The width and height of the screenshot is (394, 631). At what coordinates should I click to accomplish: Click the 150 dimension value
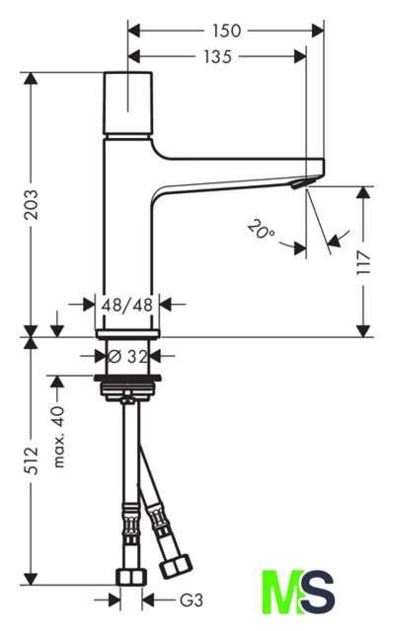[x=227, y=31]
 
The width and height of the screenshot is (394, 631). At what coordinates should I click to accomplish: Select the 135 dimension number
[x=217, y=57]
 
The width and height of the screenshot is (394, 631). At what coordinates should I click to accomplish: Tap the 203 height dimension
[x=31, y=204]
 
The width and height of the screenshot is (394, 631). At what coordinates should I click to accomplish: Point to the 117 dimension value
[x=363, y=261]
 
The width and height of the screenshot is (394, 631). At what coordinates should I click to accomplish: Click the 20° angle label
[x=261, y=230]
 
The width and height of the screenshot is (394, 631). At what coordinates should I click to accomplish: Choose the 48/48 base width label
[x=127, y=305]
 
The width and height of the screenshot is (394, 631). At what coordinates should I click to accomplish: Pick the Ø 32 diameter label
[x=127, y=356]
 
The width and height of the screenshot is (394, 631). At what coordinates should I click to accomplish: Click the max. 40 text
[x=59, y=437]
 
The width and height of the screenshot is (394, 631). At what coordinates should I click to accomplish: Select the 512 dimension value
[x=31, y=460]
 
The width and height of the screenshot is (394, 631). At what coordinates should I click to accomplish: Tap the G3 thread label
[x=191, y=600]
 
